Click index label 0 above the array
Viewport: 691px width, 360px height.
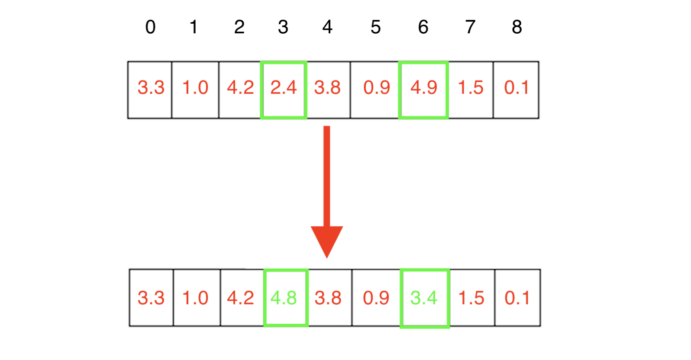(150, 27)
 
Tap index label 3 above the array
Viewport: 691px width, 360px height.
(283, 27)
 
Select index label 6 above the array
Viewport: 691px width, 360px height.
(423, 27)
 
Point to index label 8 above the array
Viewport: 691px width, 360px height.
(517, 27)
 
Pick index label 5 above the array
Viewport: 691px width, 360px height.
(375, 27)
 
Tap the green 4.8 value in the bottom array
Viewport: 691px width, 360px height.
(284, 298)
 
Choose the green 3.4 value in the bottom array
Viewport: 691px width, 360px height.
(424, 298)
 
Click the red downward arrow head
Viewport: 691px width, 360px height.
(327, 240)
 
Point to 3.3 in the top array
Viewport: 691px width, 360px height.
(151, 88)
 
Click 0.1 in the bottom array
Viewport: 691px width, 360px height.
(517, 298)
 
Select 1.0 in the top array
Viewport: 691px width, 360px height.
(195, 88)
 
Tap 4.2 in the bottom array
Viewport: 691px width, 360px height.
(240, 298)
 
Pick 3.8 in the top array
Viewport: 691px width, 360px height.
(328, 88)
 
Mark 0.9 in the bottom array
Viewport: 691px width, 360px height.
(376, 298)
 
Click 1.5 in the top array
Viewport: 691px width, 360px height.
(471, 88)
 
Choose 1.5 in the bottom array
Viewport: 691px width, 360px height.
(471, 298)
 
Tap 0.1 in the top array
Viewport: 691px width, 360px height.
(517, 88)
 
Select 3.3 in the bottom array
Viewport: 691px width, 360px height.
(151, 298)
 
